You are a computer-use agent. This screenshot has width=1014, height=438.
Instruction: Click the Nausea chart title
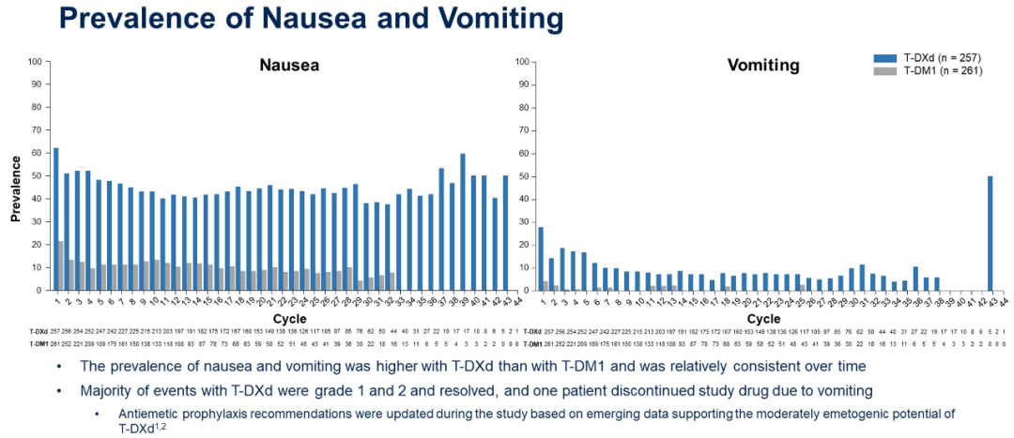click(x=289, y=66)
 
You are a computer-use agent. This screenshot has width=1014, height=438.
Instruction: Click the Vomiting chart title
click(x=763, y=66)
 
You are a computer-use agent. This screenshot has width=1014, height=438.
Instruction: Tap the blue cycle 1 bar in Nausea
click(x=55, y=219)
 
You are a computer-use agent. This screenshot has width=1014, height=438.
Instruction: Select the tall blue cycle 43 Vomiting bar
click(x=991, y=234)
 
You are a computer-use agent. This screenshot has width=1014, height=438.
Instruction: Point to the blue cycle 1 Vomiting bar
click(x=541, y=259)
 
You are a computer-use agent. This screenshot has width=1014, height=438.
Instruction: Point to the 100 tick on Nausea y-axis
click(x=35, y=62)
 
